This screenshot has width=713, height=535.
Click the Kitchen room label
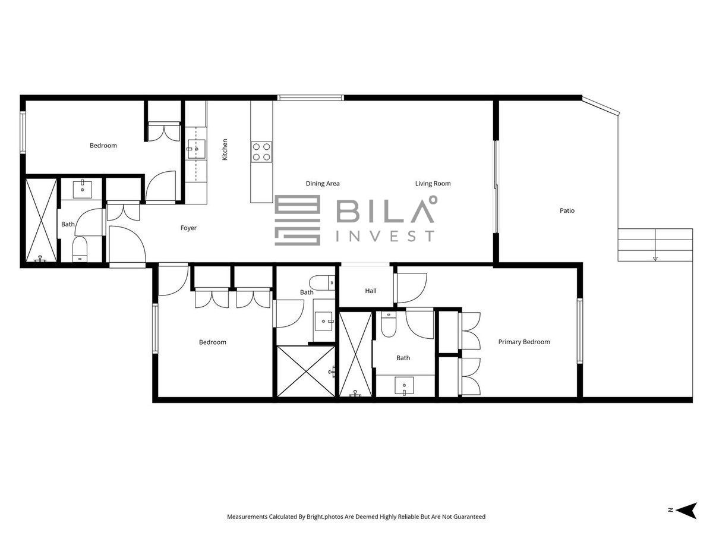225,149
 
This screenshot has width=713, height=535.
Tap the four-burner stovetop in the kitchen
261,152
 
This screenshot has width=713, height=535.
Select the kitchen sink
197,149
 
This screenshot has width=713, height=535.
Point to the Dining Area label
323,184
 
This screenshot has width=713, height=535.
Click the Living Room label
433,184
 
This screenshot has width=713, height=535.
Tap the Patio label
567,210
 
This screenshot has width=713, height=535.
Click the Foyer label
188,228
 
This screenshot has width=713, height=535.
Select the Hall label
371,291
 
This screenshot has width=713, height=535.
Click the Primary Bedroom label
524,342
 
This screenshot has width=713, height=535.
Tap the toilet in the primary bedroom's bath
388,324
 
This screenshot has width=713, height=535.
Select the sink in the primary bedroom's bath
404,386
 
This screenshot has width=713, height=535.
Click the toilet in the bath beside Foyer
80,249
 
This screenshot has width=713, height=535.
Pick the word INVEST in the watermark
385,236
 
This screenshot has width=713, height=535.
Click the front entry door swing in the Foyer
127,244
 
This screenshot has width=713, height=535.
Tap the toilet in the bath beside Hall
321,282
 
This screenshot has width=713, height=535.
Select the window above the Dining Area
311,97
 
